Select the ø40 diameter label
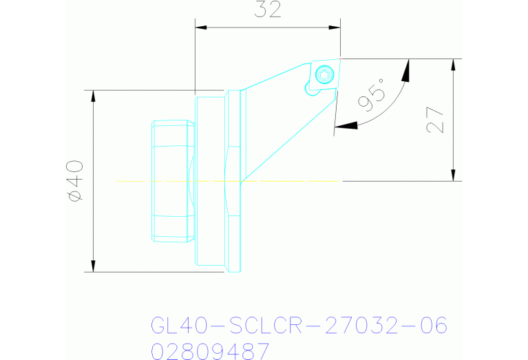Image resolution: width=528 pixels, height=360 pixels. point(75,180)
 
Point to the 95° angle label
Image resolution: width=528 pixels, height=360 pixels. point(372,94)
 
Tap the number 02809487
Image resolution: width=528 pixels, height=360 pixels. point(210,352)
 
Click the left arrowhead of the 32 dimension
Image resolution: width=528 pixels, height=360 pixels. point(202,28)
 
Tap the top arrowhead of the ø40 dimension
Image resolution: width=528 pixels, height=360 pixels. point(92,96)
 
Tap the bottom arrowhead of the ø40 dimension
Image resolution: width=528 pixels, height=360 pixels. point(92,266)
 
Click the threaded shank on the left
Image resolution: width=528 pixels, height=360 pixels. point(173,180)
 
